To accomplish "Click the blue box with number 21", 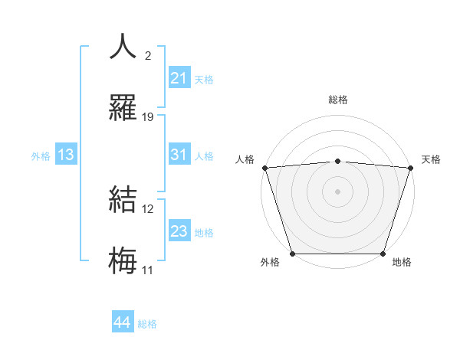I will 179,78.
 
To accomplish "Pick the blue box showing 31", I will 179,155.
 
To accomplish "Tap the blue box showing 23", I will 179,231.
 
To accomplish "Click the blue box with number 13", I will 66,155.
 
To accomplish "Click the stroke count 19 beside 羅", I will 148,117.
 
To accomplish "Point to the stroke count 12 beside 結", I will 148,208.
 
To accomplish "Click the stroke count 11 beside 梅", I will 148,270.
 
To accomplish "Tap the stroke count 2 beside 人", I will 148,55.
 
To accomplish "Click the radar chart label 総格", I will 338,100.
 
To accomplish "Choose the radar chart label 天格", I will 431,159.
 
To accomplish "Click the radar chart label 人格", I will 245,159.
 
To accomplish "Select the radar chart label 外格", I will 270,262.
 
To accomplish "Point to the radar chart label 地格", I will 402,262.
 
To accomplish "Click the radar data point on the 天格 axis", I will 411,168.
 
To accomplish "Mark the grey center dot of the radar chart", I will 338,191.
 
